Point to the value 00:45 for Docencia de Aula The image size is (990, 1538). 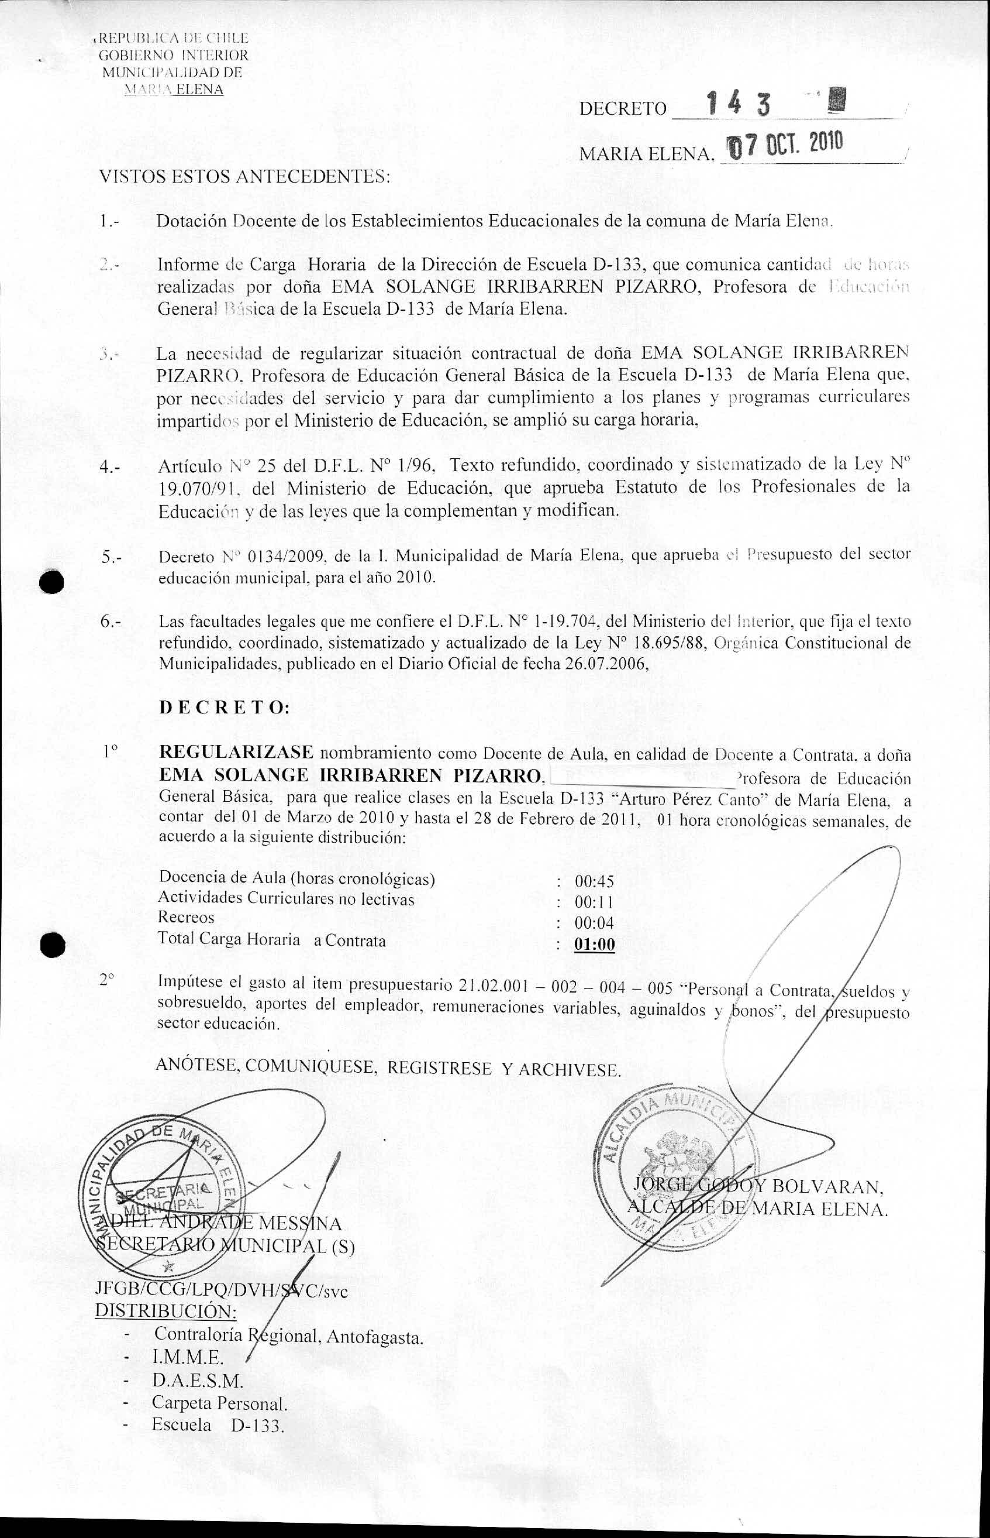[x=594, y=881]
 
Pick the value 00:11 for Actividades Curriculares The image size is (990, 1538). [x=594, y=902]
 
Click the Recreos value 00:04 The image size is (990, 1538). [x=594, y=923]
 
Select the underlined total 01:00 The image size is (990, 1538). [x=594, y=945]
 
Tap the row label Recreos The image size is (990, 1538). [x=187, y=917]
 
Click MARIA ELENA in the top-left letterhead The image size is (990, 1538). [x=174, y=90]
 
